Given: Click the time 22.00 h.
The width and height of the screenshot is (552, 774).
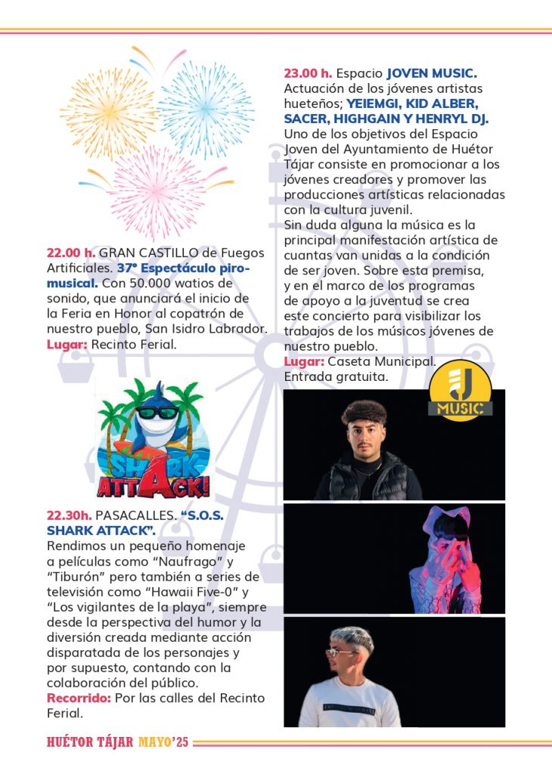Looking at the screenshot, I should point(71,252).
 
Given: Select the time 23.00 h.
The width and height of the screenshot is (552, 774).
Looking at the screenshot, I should point(308,73).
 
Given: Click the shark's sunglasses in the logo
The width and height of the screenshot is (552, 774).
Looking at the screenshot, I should point(157,413).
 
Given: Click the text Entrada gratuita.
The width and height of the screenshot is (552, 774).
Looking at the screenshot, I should point(335,376).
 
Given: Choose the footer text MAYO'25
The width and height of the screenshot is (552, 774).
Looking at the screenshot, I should point(163,742).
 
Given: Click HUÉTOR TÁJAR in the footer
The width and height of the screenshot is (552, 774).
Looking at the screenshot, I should point(90,742).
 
